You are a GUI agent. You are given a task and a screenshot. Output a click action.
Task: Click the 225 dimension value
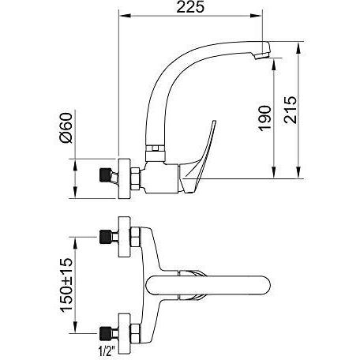click(x=190, y=7)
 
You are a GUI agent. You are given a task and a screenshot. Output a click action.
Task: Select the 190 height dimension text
click(x=264, y=118)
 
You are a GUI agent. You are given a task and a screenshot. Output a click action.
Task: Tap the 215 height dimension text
click(x=291, y=110)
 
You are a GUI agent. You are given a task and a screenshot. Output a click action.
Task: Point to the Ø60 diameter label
click(x=66, y=128)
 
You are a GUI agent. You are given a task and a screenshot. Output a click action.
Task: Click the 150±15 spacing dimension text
click(x=66, y=285)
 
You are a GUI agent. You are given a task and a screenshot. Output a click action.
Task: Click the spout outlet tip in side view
click(x=262, y=54)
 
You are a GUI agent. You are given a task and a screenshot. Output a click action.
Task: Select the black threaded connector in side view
click(x=106, y=175)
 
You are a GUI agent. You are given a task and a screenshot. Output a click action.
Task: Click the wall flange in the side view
click(x=124, y=178)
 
